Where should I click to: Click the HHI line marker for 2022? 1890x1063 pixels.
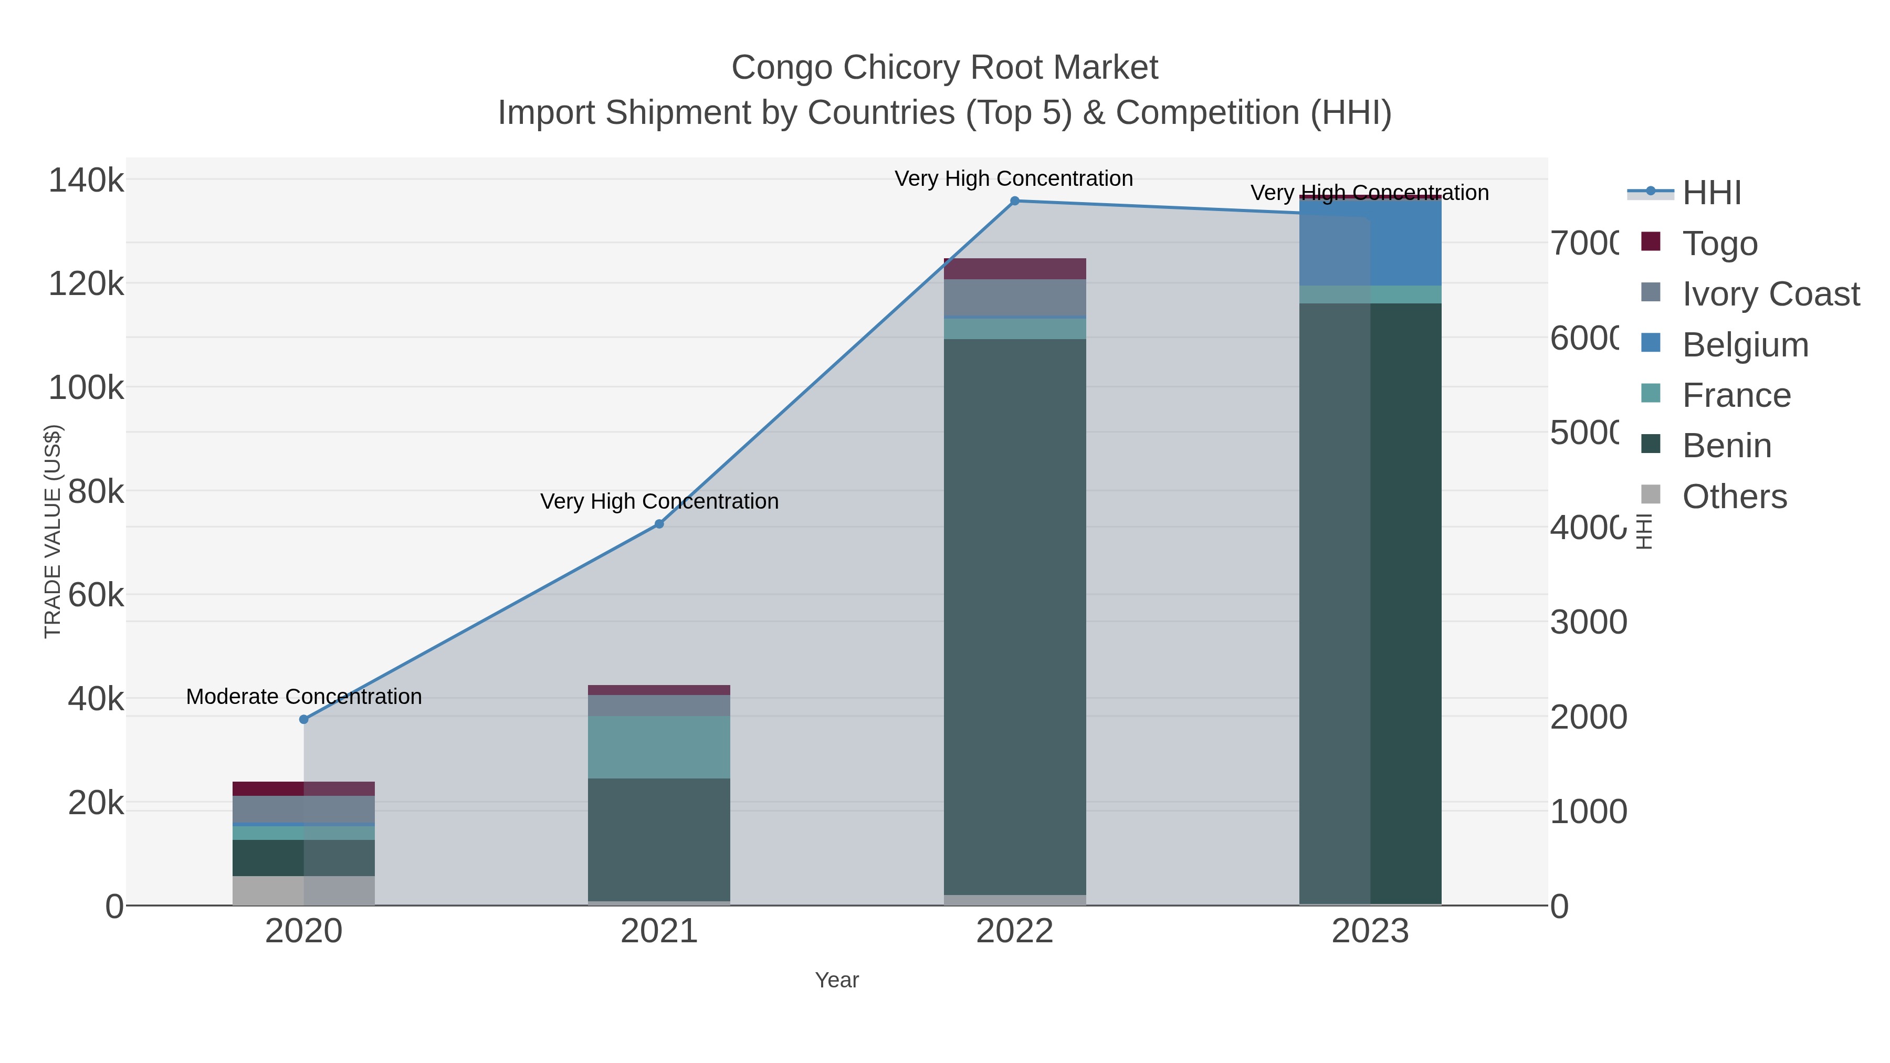click(x=1015, y=201)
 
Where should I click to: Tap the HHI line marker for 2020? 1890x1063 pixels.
click(x=304, y=720)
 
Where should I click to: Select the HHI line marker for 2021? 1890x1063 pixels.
click(x=659, y=524)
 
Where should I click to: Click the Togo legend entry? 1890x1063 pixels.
click(x=1719, y=244)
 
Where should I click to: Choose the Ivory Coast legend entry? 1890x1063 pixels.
click(x=1770, y=294)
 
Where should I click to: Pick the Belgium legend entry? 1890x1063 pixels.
click(x=1745, y=345)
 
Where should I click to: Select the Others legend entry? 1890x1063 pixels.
click(x=1734, y=497)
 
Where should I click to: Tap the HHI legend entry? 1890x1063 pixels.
click(x=1711, y=193)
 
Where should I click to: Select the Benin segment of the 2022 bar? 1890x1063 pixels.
click(x=1015, y=616)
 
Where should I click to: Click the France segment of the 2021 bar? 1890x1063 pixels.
click(x=659, y=747)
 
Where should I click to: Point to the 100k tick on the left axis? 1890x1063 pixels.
click(x=86, y=387)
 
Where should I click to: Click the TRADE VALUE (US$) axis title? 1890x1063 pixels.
click(x=53, y=531)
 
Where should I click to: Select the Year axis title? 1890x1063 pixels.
click(x=836, y=980)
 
